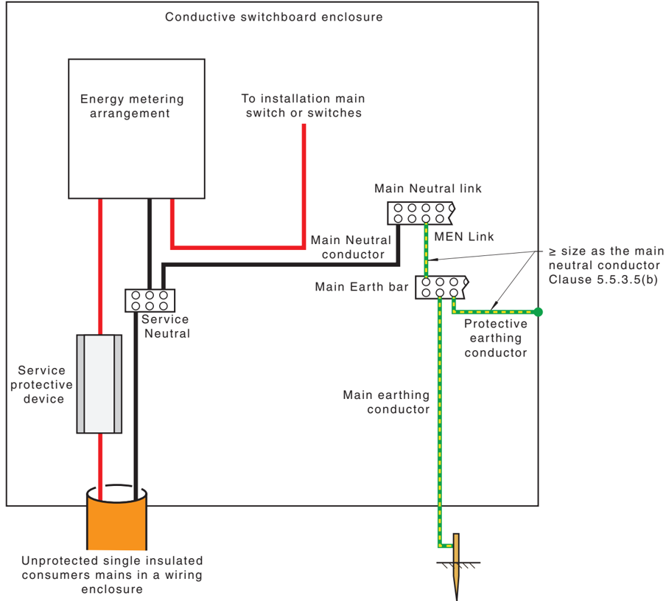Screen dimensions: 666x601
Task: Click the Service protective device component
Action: [x=99, y=383]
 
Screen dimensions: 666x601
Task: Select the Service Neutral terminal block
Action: [x=150, y=301]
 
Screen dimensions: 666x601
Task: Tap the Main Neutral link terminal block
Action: [x=421, y=213]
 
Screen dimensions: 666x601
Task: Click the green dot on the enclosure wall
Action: [x=538, y=312]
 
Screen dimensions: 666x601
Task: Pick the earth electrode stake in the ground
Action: [x=456, y=566]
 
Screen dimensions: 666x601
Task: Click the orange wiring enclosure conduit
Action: [x=117, y=518]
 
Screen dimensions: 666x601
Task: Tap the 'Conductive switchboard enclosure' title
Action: [x=274, y=17]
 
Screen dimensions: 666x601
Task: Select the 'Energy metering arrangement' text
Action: [x=132, y=106]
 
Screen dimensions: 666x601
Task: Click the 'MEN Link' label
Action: [x=464, y=237]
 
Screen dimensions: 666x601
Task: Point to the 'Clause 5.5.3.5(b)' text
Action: [x=603, y=279]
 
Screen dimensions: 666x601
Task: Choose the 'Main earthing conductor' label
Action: [x=386, y=402]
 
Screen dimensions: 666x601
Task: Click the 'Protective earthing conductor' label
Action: [x=496, y=338]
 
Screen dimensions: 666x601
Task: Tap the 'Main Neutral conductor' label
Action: [x=351, y=247]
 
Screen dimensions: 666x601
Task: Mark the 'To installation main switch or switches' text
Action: [x=304, y=106]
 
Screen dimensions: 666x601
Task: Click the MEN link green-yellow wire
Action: [x=426, y=250]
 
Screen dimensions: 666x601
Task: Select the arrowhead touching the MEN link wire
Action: [x=432, y=260]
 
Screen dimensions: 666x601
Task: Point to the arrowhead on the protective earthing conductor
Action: [x=493, y=306]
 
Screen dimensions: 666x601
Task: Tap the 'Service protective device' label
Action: [x=41, y=385]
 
